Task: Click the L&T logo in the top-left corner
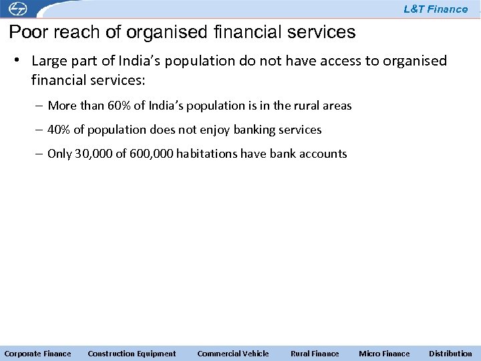(x=14, y=9)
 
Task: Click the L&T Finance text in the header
(x=436, y=9)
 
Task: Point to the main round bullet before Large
(x=20, y=61)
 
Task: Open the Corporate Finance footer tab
(x=37, y=354)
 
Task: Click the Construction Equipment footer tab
(x=132, y=354)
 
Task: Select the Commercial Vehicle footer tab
(x=233, y=354)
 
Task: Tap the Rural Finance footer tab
(x=315, y=354)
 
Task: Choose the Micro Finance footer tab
(x=384, y=354)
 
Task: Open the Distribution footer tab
(x=450, y=354)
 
